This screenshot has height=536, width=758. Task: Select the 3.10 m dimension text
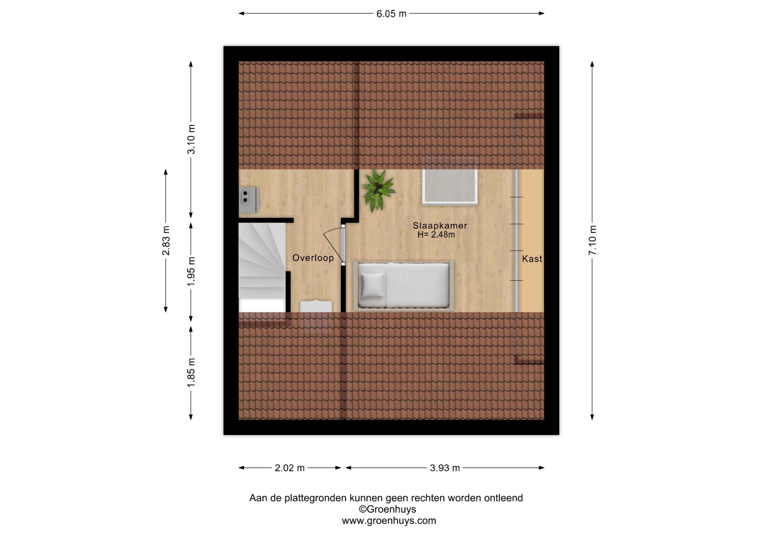coord(191,139)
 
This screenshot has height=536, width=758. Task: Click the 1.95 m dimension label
coord(191,271)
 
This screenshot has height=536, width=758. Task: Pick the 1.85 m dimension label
coord(191,373)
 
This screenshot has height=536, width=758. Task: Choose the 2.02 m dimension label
coord(290,468)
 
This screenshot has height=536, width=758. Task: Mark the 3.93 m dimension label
coord(445,468)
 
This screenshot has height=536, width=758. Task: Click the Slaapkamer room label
coord(440,226)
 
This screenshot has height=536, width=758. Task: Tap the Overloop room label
coord(313,258)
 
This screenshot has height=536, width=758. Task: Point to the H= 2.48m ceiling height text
coord(436,235)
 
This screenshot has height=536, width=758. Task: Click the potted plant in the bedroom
coord(378,191)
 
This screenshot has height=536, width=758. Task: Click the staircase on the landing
coord(262,267)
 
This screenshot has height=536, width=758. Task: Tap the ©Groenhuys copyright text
coord(388,509)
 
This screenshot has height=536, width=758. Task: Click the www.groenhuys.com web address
coord(389,521)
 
